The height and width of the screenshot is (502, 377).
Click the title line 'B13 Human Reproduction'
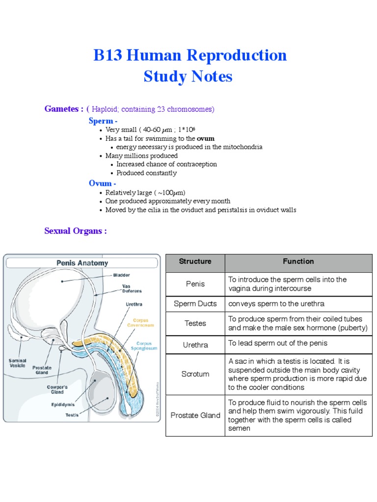pyautogui.click(x=190, y=55)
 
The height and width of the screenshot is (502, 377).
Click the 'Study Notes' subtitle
pyautogui.click(x=188, y=77)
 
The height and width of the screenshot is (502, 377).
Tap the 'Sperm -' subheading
pyautogui.click(x=103, y=121)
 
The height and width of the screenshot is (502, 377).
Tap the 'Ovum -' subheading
pyautogui.click(x=103, y=183)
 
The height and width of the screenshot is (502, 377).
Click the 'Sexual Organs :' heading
pyautogui.click(x=76, y=231)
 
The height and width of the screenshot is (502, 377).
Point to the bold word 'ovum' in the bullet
pyautogui.click(x=206, y=139)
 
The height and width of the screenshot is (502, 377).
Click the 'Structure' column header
pyautogui.click(x=195, y=261)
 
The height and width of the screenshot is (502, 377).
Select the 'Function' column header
pyautogui.click(x=298, y=261)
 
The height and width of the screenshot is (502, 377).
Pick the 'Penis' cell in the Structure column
pyautogui.click(x=195, y=284)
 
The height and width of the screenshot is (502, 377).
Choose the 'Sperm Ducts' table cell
pyautogui.click(x=195, y=303)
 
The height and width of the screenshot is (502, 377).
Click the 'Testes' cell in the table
pyautogui.click(x=195, y=323)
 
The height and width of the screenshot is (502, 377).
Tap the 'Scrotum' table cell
pyautogui.click(x=195, y=374)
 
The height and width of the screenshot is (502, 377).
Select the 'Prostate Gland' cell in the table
pyautogui.click(x=195, y=415)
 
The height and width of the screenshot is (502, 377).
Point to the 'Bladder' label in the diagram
pyautogui.click(x=121, y=275)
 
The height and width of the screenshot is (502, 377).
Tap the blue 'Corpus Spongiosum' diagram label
pyautogui.click(x=147, y=346)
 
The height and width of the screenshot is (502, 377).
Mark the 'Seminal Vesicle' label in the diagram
pyautogui.click(x=18, y=363)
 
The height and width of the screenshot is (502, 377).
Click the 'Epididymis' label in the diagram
pyautogui.click(x=63, y=404)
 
